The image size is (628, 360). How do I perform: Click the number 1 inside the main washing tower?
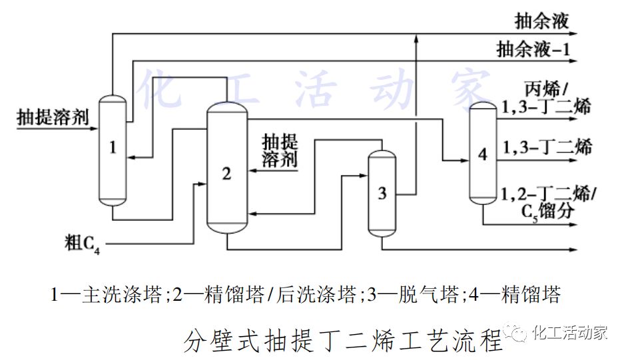[x=113, y=148]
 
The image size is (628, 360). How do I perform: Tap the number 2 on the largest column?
[x=226, y=174]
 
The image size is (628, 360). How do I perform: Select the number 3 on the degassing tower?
[x=382, y=194]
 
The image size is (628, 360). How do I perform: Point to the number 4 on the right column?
[x=483, y=155]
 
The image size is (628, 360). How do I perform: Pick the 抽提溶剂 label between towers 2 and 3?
[x=280, y=151]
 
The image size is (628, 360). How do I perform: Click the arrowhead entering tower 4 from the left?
[x=464, y=160]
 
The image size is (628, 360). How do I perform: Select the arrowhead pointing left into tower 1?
[x=131, y=157]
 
